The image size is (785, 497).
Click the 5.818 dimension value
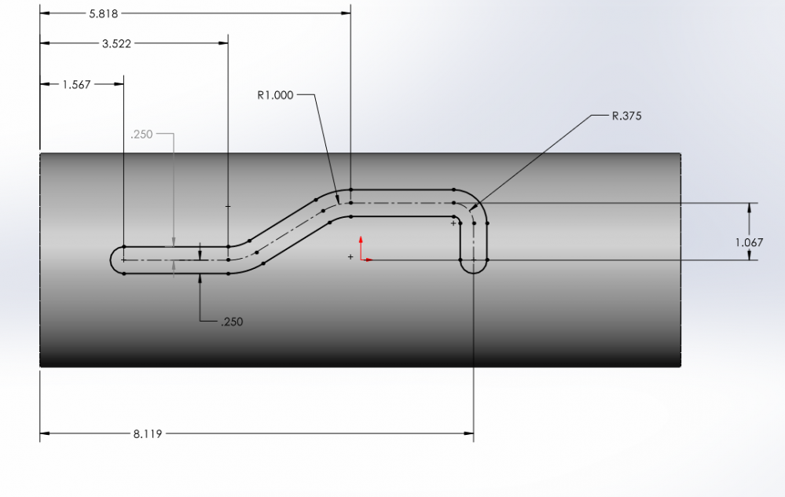click(104, 13)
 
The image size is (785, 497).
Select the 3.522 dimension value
click(116, 43)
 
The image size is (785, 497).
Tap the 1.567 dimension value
click(76, 85)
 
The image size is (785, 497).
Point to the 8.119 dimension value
click(148, 434)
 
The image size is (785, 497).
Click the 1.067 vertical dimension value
click(749, 242)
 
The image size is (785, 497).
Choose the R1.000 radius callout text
click(275, 95)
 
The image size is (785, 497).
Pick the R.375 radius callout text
click(627, 116)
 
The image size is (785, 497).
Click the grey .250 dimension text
click(141, 134)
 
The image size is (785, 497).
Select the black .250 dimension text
click(232, 322)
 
